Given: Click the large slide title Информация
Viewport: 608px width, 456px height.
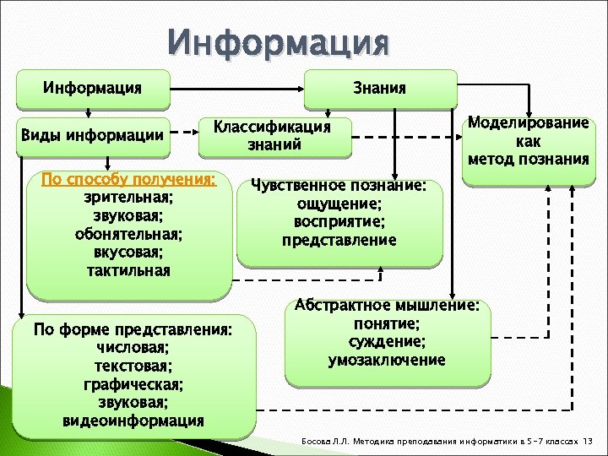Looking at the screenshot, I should click(279, 41).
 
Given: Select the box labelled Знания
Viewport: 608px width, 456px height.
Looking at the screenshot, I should click(384, 88).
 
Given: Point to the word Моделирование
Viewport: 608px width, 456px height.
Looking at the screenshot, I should click(528, 122).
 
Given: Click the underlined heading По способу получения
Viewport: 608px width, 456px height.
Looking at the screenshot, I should click(128, 180).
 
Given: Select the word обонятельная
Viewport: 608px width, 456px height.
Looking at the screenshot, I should click(128, 234).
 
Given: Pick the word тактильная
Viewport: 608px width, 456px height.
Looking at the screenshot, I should click(128, 270).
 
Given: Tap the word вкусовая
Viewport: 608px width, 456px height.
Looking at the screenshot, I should click(128, 252).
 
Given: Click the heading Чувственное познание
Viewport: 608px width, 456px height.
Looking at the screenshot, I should click(339, 186).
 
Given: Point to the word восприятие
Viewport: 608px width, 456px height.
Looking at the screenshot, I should click(339, 222).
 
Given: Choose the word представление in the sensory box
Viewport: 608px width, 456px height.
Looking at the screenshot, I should click(339, 240).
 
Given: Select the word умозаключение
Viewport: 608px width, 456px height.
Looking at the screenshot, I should click(387, 360).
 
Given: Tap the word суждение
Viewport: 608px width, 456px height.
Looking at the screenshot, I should click(387, 341).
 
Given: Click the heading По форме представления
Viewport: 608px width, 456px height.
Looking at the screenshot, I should click(132, 329).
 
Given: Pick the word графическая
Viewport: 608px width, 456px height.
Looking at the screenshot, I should click(132, 384).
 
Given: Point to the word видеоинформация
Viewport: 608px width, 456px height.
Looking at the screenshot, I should click(132, 421).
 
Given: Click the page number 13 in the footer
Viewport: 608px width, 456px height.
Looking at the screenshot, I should click(589, 442).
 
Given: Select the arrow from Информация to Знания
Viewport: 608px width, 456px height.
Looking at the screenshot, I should click(241, 87).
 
